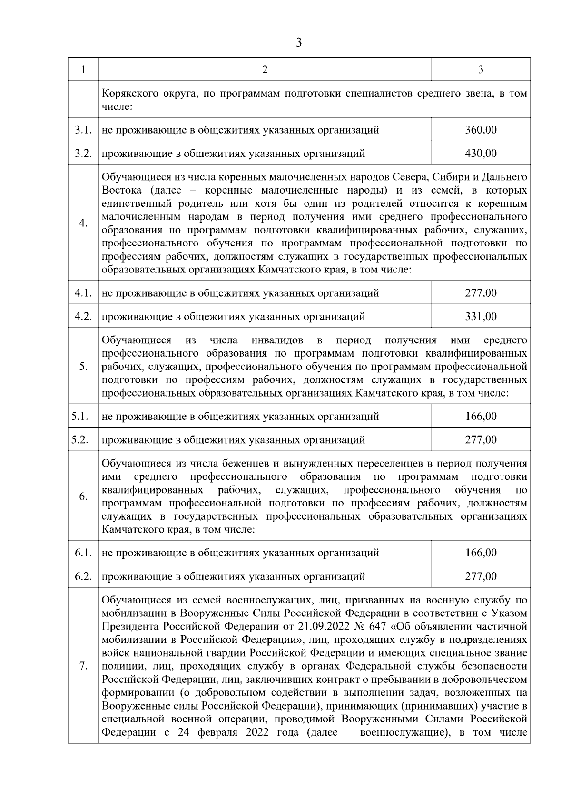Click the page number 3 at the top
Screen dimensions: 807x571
point(298,43)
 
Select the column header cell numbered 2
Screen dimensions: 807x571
point(265,69)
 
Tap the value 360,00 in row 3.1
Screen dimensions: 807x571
point(481,130)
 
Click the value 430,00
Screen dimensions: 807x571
point(481,153)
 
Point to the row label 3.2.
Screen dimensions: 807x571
point(83,153)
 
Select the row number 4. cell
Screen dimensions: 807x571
point(83,223)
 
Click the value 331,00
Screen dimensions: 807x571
point(481,316)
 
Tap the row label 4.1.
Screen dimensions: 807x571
point(83,293)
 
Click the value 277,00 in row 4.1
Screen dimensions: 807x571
point(481,293)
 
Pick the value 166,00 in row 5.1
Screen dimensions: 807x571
point(481,417)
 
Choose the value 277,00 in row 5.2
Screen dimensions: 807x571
point(481,440)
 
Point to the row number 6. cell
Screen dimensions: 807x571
point(83,496)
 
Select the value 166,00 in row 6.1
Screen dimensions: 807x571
point(481,553)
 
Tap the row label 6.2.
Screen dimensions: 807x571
point(83,576)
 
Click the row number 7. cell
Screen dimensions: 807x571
point(83,666)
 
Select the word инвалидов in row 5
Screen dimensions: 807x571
point(276,340)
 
